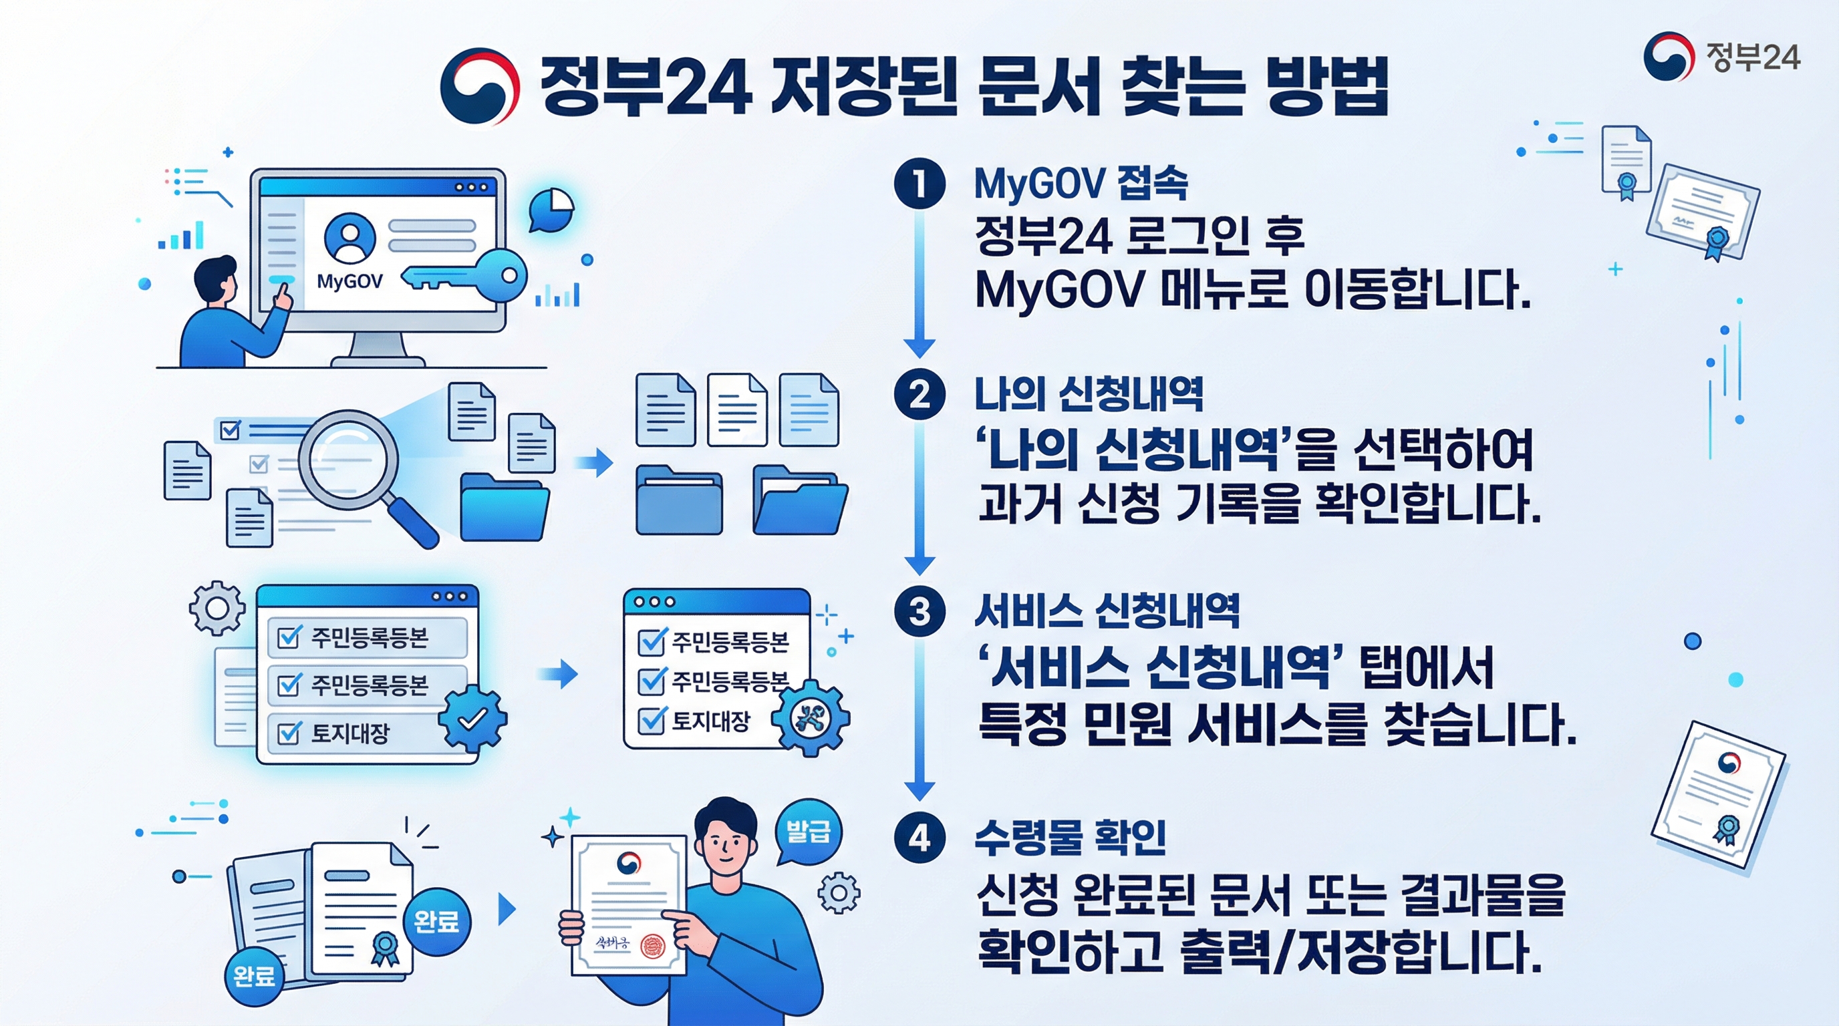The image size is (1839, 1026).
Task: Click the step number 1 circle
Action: tap(920, 182)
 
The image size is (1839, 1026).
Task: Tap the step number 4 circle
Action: tap(920, 837)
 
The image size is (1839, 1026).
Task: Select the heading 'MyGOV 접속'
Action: tap(1080, 184)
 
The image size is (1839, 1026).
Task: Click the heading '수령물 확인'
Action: tap(1070, 837)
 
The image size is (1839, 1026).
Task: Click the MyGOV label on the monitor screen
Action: tap(349, 281)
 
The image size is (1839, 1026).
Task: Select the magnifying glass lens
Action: tap(347, 459)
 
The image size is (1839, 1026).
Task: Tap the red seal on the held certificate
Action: tap(652, 946)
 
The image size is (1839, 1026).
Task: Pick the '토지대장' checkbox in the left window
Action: tap(289, 733)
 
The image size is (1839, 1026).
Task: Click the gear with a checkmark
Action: tap(472, 718)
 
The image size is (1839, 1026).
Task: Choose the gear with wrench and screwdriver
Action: tap(811, 716)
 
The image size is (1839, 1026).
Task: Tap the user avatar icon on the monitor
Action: tap(349, 238)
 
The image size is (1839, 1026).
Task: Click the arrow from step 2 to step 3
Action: tap(920, 500)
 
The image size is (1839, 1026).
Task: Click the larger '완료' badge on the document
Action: tap(436, 921)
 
